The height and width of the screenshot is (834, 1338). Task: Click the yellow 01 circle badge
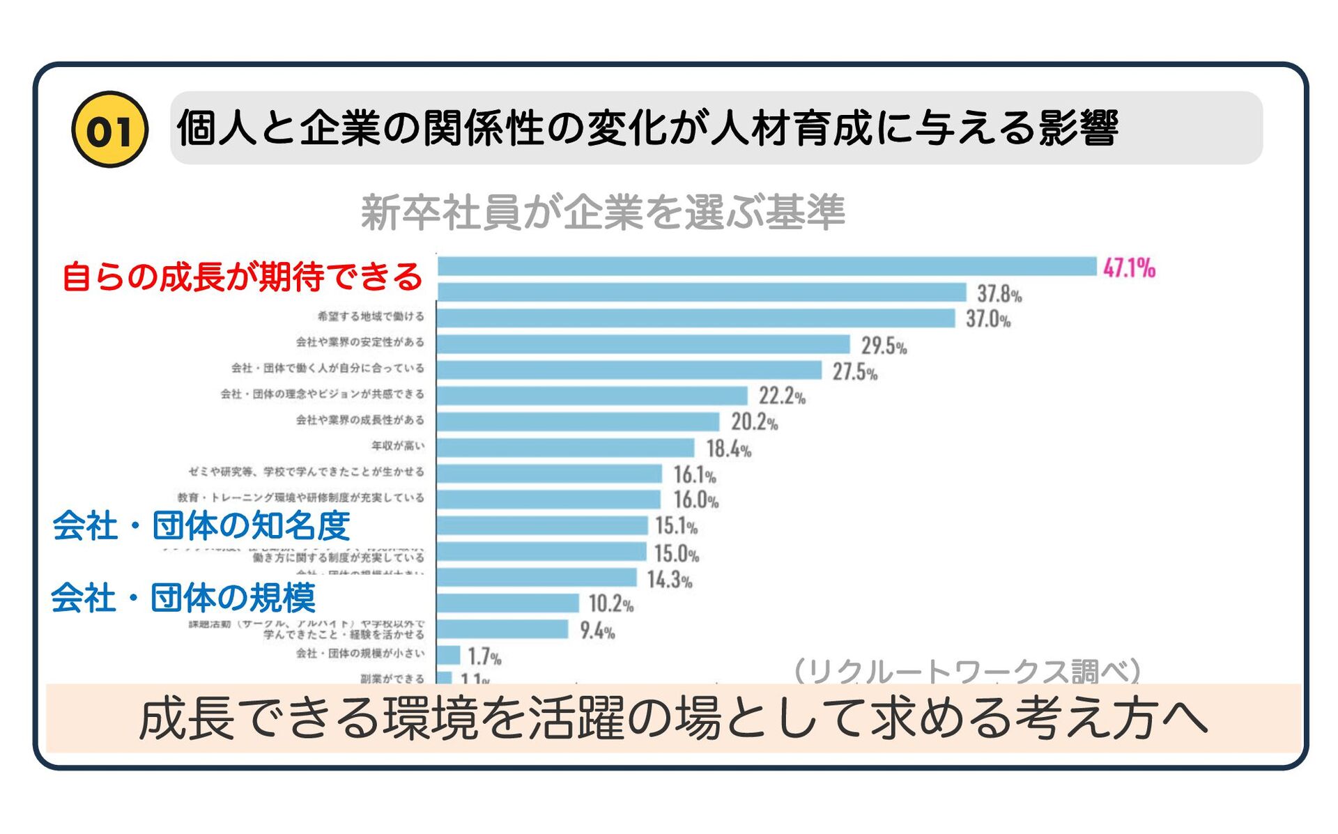109,130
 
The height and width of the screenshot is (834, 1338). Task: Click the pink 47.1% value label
1129,268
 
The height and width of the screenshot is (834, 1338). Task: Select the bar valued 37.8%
701,292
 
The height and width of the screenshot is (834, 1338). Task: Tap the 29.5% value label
884,346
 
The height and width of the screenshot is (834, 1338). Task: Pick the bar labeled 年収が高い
565,447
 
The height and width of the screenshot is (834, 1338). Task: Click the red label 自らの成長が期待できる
242,277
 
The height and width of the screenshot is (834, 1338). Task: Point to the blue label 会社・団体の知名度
201,525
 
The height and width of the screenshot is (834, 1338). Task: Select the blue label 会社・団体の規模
184,598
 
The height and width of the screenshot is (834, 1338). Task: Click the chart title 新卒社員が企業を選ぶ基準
603,213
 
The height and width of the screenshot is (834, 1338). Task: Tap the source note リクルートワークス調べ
967,670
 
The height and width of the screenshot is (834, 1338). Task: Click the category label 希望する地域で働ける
371,316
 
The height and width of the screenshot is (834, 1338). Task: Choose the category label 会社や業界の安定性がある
360,342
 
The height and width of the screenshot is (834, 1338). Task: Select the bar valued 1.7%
449,655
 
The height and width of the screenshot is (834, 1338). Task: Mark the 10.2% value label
611,603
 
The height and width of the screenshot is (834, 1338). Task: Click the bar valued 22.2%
592,396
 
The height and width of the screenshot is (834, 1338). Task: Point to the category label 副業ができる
392,678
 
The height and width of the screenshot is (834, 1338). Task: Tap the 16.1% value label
694,475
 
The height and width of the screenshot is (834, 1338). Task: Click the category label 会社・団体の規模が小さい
360,654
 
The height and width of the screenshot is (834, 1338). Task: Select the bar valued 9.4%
502,629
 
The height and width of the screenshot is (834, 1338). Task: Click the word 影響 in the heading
1078,128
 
